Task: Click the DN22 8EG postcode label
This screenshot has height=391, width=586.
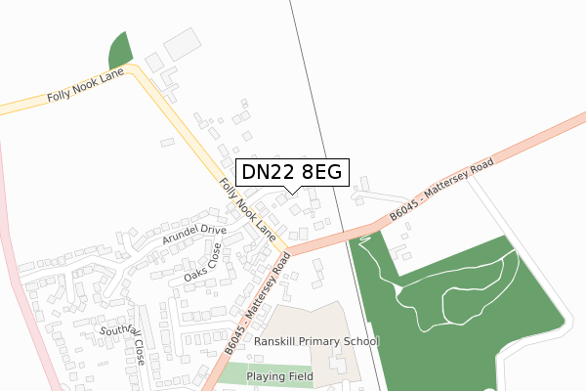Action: point(290,172)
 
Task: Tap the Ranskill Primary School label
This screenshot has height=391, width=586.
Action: point(315,341)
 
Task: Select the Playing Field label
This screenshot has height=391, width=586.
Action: point(279,376)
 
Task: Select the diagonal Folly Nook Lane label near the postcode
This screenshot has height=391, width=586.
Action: point(246,208)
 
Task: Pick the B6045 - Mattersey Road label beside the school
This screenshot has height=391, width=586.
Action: point(258,304)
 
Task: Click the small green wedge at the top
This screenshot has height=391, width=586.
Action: point(119,49)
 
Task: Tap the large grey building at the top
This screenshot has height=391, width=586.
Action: point(182,44)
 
